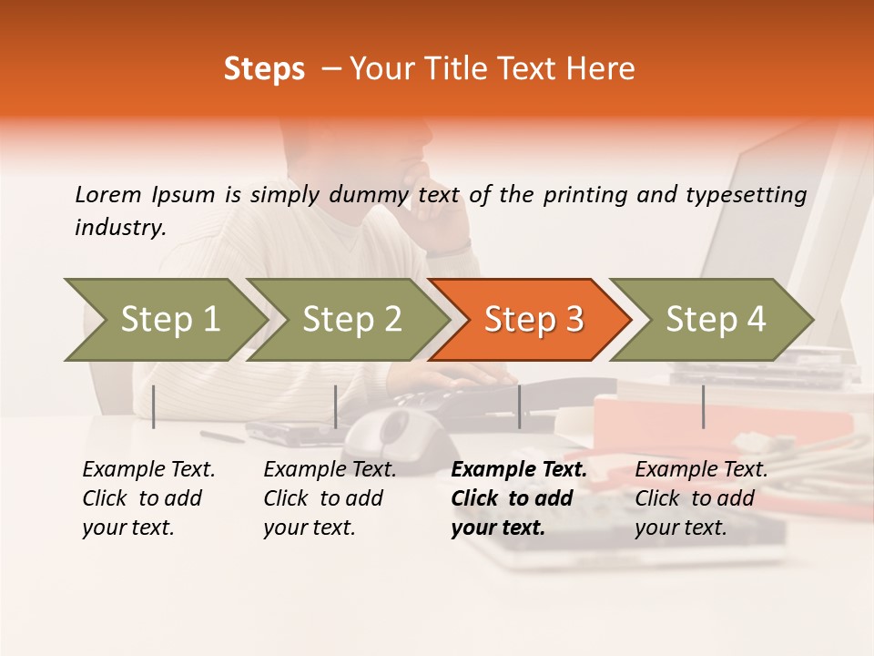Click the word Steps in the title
click(x=264, y=69)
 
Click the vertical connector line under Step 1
click(x=154, y=406)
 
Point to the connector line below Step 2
click(x=336, y=406)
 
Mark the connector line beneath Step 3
click(x=520, y=406)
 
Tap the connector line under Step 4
click(x=704, y=406)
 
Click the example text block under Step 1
click(x=147, y=498)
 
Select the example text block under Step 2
click(x=329, y=498)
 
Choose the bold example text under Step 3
click(x=518, y=498)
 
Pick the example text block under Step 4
click(x=700, y=498)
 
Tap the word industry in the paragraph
click(x=120, y=228)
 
